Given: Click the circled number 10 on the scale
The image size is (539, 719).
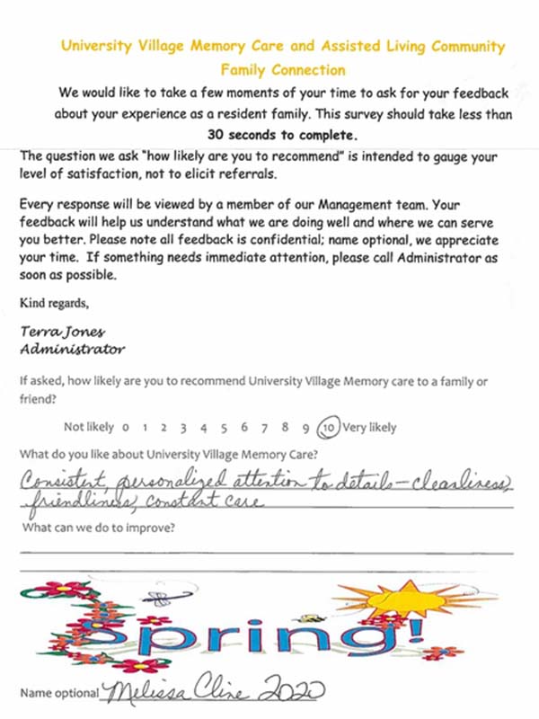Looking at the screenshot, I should click(x=328, y=428).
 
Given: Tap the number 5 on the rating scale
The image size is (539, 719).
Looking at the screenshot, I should click(x=224, y=428).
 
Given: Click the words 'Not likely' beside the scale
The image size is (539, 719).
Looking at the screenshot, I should click(x=89, y=428).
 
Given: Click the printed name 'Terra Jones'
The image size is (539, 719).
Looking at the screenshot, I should click(x=57, y=332).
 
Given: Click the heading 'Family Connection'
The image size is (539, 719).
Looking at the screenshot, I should click(x=283, y=68).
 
